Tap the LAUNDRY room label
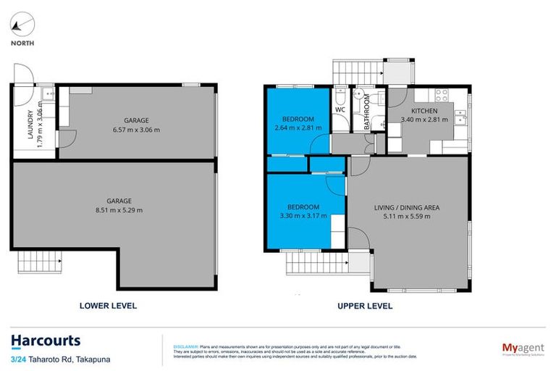(x=30, y=125)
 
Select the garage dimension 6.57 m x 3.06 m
(x=136, y=130)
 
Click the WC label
(x=340, y=110)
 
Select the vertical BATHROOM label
(x=367, y=113)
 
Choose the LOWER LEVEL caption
(x=107, y=306)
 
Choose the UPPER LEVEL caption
(x=365, y=306)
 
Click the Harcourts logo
(x=45, y=341)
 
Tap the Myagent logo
(x=523, y=348)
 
